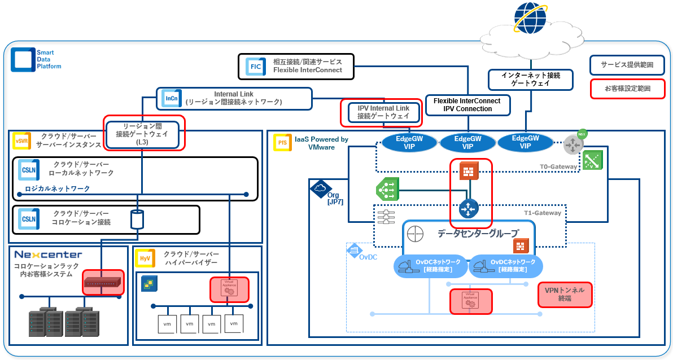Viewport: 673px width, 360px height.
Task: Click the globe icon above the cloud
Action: point(530,17)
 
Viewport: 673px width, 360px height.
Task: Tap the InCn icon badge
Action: point(171,98)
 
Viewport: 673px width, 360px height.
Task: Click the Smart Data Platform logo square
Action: point(22,59)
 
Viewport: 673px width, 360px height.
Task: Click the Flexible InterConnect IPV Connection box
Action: point(467,104)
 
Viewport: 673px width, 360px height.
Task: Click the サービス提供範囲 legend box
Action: point(627,65)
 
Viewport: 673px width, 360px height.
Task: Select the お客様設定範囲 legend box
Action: point(627,89)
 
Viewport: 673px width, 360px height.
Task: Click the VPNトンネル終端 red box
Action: point(565,294)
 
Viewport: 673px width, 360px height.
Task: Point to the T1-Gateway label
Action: point(543,213)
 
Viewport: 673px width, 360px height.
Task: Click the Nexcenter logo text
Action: point(48,254)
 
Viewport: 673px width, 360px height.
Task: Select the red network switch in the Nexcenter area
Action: point(103,282)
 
